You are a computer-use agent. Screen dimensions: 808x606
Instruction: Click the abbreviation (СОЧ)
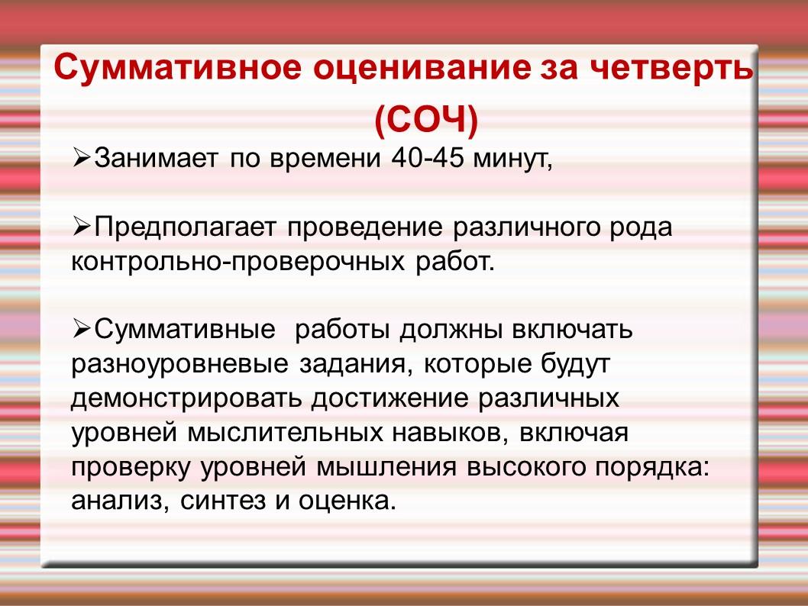(x=426, y=121)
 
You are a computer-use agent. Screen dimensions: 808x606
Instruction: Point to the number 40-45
(x=428, y=158)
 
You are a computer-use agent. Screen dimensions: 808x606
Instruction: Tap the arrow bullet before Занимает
(x=82, y=157)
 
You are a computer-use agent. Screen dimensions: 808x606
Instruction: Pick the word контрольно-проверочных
(x=238, y=263)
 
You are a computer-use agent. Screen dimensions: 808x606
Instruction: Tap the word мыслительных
(x=285, y=434)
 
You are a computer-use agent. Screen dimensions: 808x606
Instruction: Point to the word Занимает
(x=156, y=158)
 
